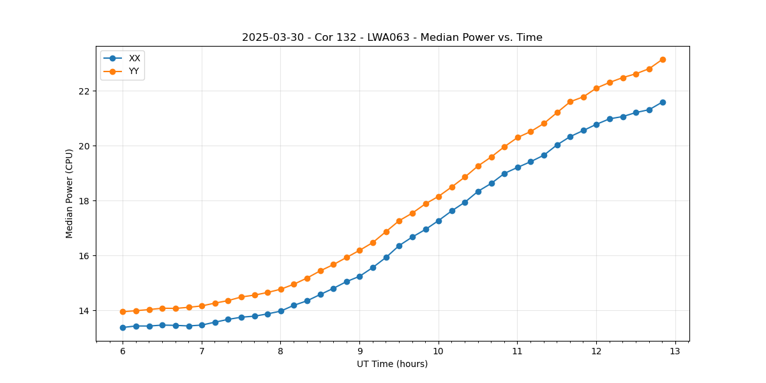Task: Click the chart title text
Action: tap(392, 38)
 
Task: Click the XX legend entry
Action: tap(134, 58)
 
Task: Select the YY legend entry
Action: tap(134, 71)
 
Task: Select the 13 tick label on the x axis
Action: tap(675, 352)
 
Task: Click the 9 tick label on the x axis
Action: tap(359, 352)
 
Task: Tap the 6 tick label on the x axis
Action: tap(123, 352)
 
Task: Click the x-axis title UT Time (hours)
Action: tap(392, 364)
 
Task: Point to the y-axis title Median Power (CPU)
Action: tap(70, 193)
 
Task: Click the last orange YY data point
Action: tap(663, 59)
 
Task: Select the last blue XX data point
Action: tap(663, 102)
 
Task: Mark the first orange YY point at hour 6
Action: tap(123, 312)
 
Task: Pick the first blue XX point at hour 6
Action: tap(123, 327)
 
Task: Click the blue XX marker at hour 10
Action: tap(439, 221)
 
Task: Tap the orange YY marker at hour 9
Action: tap(359, 250)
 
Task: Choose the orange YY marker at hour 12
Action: tap(596, 88)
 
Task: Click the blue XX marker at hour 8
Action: tap(281, 311)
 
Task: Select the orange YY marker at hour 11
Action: tap(518, 137)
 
